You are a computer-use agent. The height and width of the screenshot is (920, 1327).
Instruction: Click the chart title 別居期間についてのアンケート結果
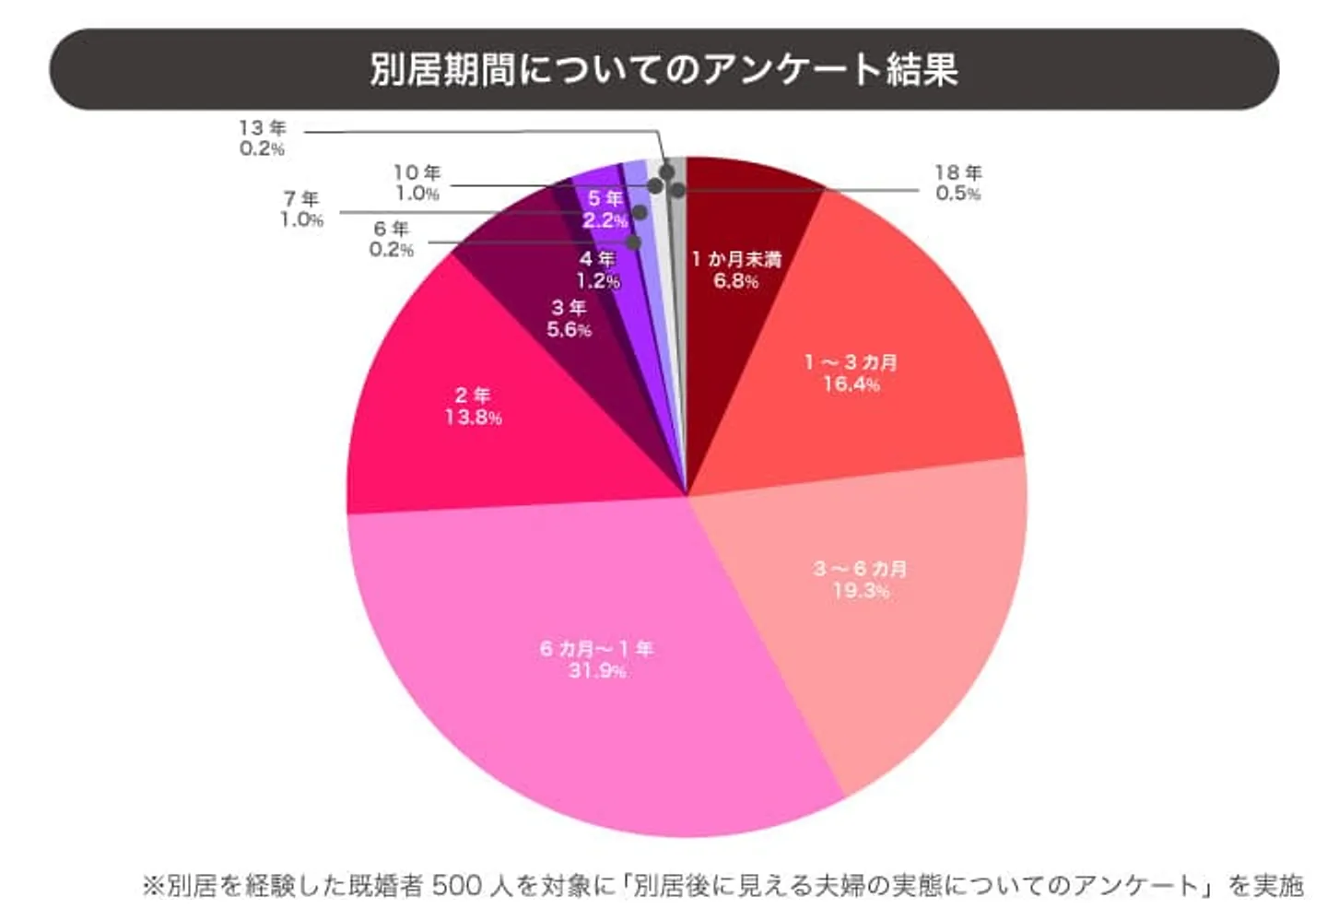point(663,69)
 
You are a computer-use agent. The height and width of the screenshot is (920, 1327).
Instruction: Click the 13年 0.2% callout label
point(263,138)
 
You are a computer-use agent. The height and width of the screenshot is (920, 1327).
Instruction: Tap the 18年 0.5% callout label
point(958,183)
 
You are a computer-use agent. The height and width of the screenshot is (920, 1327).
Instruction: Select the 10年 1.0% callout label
point(417,183)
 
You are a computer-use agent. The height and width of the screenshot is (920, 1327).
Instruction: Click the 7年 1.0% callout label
point(301,209)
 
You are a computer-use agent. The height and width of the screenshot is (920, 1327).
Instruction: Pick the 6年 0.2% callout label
point(392,239)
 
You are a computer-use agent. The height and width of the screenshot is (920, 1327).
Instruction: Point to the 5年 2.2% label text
point(605,209)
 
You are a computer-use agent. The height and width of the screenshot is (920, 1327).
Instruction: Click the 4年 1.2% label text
point(598,270)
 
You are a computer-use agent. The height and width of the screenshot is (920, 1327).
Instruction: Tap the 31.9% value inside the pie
point(597,671)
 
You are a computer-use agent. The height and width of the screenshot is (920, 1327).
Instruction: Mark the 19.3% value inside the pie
point(861,591)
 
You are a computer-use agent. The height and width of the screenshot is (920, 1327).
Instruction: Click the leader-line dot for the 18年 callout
point(678,190)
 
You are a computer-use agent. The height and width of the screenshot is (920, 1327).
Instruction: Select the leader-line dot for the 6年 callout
point(634,242)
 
